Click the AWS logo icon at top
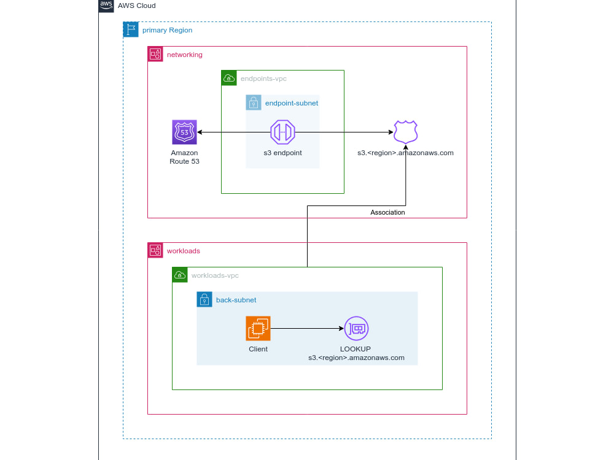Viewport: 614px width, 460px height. pyautogui.click(x=106, y=6)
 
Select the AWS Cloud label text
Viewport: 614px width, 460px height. pyautogui.click(x=137, y=6)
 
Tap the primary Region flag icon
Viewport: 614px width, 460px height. pyautogui.click(x=131, y=30)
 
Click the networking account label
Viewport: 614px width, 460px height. pyautogui.click(x=184, y=55)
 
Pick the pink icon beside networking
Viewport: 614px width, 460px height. pyautogui.click(x=155, y=54)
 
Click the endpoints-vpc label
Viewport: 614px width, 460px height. pyautogui.click(x=263, y=79)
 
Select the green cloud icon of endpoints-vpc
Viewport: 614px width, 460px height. pyautogui.click(x=229, y=78)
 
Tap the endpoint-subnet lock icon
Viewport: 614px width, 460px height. pyautogui.click(x=254, y=102)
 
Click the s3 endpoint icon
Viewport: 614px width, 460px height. pyautogui.click(x=282, y=132)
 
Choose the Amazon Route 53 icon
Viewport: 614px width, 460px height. pyautogui.click(x=184, y=132)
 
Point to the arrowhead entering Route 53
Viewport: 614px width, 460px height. pyautogui.click(x=200, y=132)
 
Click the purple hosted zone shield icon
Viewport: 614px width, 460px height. pyautogui.click(x=405, y=132)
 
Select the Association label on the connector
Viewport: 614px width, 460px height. pyautogui.click(x=387, y=212)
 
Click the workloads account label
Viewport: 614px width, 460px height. pyautogui.click(x=183, y=251)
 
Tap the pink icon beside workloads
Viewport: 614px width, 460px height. pyautogui.click(x=155, y=250)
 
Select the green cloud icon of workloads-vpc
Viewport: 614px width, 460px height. pyautogui.click(x=180, y=275)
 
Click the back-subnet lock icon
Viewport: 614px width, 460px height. pyautogui.click(x=204, y=299)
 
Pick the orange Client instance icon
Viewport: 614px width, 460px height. pyautogui.click(x=258, y=328)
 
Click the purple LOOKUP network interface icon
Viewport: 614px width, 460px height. pyautogui.click(x=356, y=328)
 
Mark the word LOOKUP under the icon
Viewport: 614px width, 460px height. pyautogui.click(x=356, y=349)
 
